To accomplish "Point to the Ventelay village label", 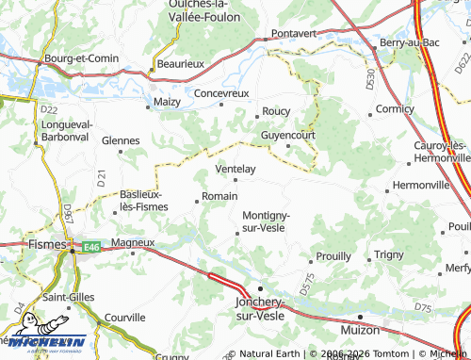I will pos(235,169).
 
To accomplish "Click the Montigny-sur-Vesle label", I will pos(265,221).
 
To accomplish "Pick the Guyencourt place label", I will pos(287,136).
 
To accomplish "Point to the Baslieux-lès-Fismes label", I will pos(142,200).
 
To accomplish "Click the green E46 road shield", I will pos(90,247).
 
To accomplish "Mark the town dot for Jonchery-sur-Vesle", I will pos(261,288).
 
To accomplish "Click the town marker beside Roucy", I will pos(256,117).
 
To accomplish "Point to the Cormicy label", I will pos(394,109).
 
